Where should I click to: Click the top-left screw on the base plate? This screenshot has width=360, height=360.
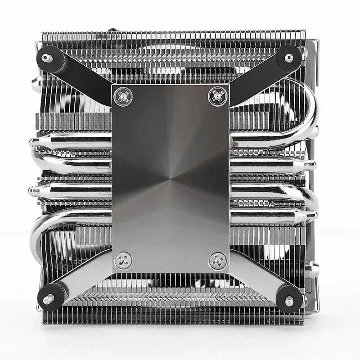pyautogui.click(x=122, y=95)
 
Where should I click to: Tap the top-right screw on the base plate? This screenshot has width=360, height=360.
pyautogui.click(x=216, y=95)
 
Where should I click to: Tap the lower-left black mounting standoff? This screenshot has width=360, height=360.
pyautogui.click(x=49, y=298)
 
